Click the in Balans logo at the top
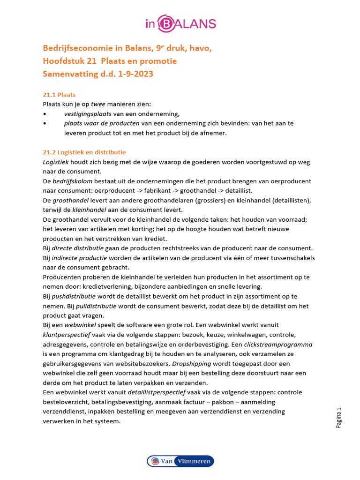click(x=180, y=23)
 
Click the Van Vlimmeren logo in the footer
click(x=180, y=461)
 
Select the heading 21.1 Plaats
click(x=59, y=95)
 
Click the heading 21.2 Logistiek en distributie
click(x=84, y=152)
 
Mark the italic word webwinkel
click(x=86, y=325)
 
